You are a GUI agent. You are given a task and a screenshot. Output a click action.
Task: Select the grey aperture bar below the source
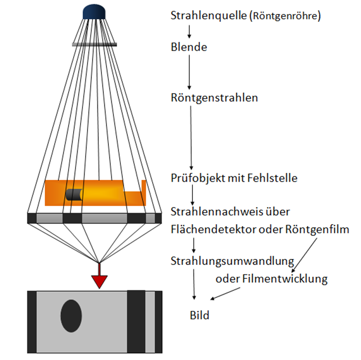point(94,44)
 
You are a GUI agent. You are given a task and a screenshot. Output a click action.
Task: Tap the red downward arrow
point(99,279)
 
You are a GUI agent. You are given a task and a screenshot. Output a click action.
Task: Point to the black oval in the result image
point(71,316)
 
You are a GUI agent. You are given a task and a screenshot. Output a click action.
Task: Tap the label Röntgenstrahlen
point(214,98)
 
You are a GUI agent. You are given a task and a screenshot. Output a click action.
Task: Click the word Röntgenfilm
point(318,230)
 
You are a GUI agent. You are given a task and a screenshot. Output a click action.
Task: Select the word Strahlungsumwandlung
point(232,261)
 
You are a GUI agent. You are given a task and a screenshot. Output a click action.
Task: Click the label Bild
point(199,315)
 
